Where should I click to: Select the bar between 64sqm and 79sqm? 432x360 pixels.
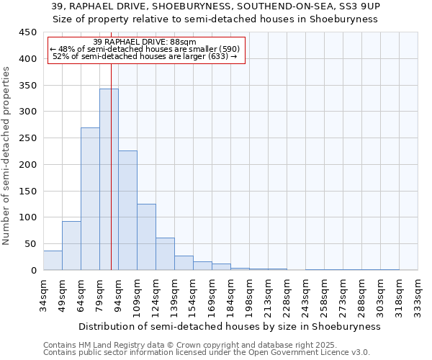[x=90, y=199]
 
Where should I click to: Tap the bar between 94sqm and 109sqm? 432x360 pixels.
[x=127, y=210]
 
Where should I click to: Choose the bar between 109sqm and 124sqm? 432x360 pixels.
[x=146, y=237]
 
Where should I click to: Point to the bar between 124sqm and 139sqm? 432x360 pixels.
[x=165, y=254]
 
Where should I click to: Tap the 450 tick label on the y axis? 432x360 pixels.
[x=27, y=32]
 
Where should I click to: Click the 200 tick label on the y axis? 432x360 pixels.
[x=27, y=164]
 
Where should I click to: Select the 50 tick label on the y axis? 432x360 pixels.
[x=30, y=244]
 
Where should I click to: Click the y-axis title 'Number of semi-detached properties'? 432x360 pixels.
[x=7, y=156]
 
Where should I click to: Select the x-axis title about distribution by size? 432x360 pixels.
[x=229, y=326]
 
